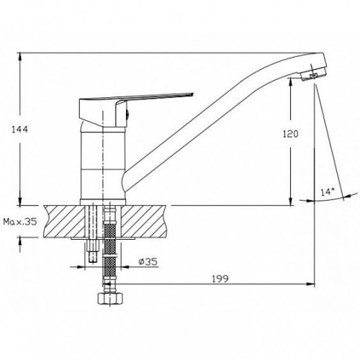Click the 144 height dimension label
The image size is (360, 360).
tap(20, 130)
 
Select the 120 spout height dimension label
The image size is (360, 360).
tap(290, 134)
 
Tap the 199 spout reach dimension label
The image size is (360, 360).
tap(220, 279)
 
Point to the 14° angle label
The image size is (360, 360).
tap(328, 192)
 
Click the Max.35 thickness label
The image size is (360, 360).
tap(20, 222)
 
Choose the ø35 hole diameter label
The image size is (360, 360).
tap(148, 262)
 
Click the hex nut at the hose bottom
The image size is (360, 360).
tap(110, 299)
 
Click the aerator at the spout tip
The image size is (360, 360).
tap(312, 75)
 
